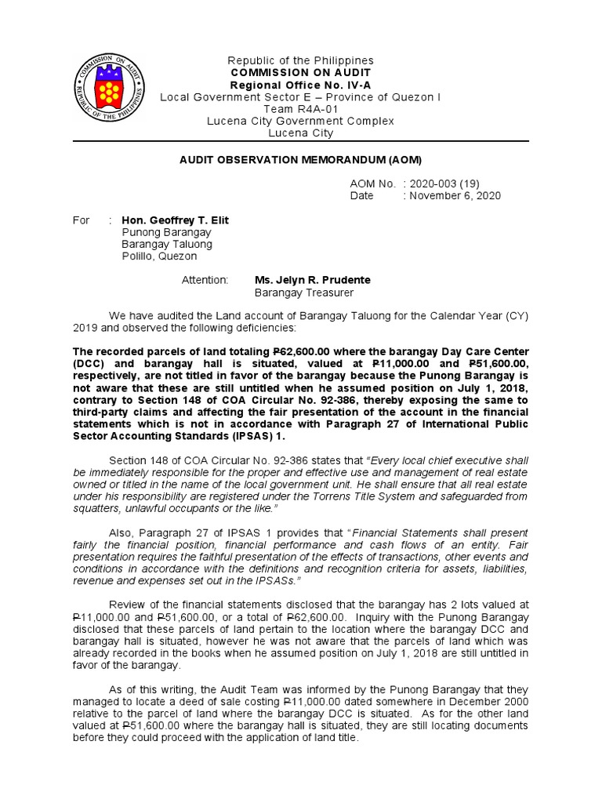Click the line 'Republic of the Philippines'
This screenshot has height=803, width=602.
click(x=300, y=60)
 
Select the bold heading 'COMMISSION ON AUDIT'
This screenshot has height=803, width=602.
click(x=300, y=72)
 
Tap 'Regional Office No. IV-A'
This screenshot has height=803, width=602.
click(x=300, y=85)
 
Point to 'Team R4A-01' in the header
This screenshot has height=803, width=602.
click(x=300, y=109)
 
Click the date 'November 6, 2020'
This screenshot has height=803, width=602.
click(x=454, y=195)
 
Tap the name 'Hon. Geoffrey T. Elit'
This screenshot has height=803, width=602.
click(x=176, y=220)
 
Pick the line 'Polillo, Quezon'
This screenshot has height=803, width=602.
click(x=160, y=256)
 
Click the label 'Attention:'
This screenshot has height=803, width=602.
click(x=205, y=280)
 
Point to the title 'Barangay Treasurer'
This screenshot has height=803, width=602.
click(x=304, y=292)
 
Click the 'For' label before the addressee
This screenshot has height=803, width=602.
click(x=81, y=220)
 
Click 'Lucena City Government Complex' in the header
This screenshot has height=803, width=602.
click(x=300, y=121)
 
